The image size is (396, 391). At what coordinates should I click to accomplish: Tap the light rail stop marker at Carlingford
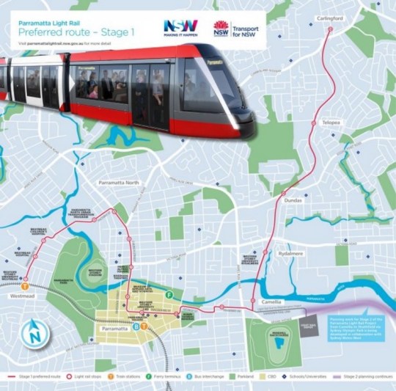pos(330,29)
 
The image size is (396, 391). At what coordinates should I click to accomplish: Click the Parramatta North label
pos(117,183)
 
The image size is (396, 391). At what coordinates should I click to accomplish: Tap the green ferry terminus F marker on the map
pos(169,295)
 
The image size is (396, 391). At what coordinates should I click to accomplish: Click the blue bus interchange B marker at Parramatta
pos(137,326)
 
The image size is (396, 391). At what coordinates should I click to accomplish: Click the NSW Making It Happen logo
pos(180,30)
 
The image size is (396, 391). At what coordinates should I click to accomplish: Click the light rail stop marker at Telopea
pos(315,123)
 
